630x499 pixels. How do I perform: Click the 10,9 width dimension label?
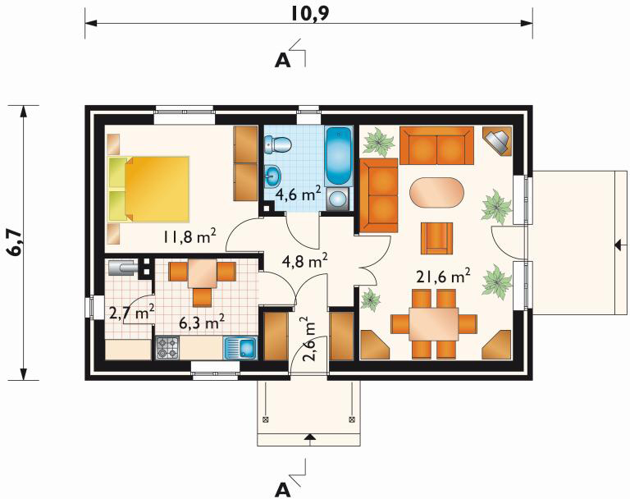[x=309, y=14]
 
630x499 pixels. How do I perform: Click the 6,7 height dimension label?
[x=16, y=243]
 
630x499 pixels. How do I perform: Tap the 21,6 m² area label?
[x=443, y=277]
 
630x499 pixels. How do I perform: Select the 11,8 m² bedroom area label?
[x=189, y=236]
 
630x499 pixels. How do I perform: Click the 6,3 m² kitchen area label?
[x=201, y=322]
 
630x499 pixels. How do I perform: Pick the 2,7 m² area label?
[x=132, y=313]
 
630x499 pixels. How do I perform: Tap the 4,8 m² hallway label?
[x=305, y=260]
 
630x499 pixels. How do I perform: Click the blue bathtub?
[x=338, y=156]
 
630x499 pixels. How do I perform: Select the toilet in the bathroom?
[x=277, y=144]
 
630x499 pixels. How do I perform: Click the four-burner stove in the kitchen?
[x=167, y=348]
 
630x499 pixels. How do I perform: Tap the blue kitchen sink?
[x=240, y=348]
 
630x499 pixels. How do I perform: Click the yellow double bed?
[x=148, y=189]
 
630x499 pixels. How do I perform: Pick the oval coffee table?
[x=436, y=193]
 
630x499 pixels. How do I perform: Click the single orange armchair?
[x=436, y=239]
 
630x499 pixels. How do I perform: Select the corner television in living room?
[x=498, y=140]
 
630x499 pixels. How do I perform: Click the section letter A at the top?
[x=282, y=60]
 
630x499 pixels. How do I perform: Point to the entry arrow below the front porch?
[x=308, y=437]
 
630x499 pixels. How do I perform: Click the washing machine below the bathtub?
[x=339, y=199]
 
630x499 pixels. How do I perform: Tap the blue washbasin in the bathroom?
[x=273, y=175]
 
